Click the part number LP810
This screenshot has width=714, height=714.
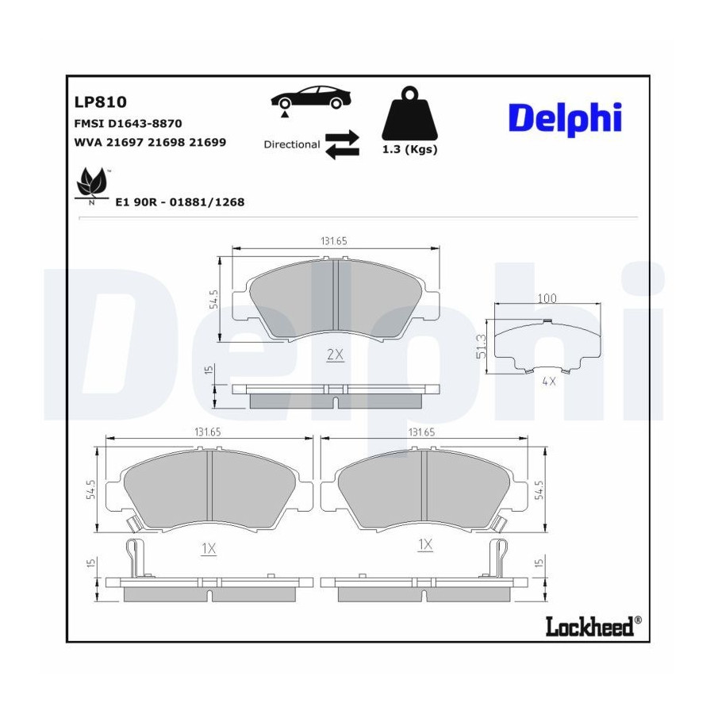pos(100,102)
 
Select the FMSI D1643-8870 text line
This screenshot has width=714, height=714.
pos(128,124)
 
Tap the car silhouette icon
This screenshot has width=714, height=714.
pos(311,98)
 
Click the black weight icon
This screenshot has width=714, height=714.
pos(410,113)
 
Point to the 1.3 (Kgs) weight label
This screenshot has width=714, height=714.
pos(410,149)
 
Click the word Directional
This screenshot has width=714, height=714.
pos(292,144)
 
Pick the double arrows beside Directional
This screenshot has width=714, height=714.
pos(343,145)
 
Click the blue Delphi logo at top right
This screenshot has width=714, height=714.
pos(565,119)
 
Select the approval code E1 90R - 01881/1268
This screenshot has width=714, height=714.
pos(180,202)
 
